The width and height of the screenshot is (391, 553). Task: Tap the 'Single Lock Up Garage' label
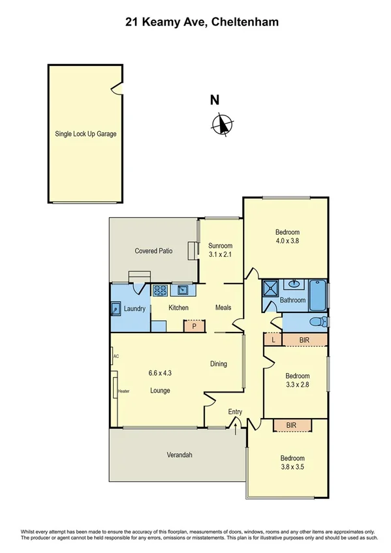[x=86, y=134]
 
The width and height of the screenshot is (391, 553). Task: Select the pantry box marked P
[x=194, y=326]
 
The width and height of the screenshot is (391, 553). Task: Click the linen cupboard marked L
[x=272, y=339]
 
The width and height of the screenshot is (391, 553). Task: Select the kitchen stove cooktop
[x=160, y=291]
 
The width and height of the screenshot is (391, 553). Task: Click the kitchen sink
[x=181, y=291]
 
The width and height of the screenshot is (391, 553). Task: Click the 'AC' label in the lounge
[x=116, y=357]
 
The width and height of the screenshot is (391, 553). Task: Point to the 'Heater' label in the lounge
[x=123, y=391]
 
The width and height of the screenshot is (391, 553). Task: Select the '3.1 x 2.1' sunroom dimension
[x=220, y=254]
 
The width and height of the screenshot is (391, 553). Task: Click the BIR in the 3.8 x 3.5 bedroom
[x=292, y=425]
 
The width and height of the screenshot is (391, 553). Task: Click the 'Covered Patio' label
[x=153, y=250]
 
